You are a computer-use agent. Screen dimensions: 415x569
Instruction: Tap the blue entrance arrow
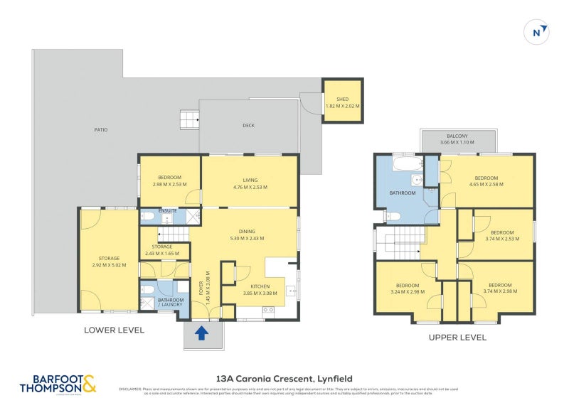click(201, 333)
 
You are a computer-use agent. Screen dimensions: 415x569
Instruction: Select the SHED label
click(342, 99)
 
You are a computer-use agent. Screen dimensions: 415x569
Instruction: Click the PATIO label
click(101, 130)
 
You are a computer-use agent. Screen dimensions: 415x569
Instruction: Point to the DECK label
click(248, 126)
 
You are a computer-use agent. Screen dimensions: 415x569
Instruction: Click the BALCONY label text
click(457, 136)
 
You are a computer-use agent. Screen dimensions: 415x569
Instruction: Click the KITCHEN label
click(254, 286)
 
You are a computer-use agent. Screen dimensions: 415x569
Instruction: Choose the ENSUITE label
click(167, 211)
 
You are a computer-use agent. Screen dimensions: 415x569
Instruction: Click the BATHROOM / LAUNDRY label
click(170, 303)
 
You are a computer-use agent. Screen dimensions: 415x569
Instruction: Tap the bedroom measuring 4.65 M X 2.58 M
click(486, 181)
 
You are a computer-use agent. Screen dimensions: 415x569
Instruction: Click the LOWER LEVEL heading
click(114, 330)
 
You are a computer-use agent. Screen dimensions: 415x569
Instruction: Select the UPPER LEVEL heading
click(457, 338)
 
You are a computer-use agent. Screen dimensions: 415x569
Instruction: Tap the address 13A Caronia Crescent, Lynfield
click(284, 379)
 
